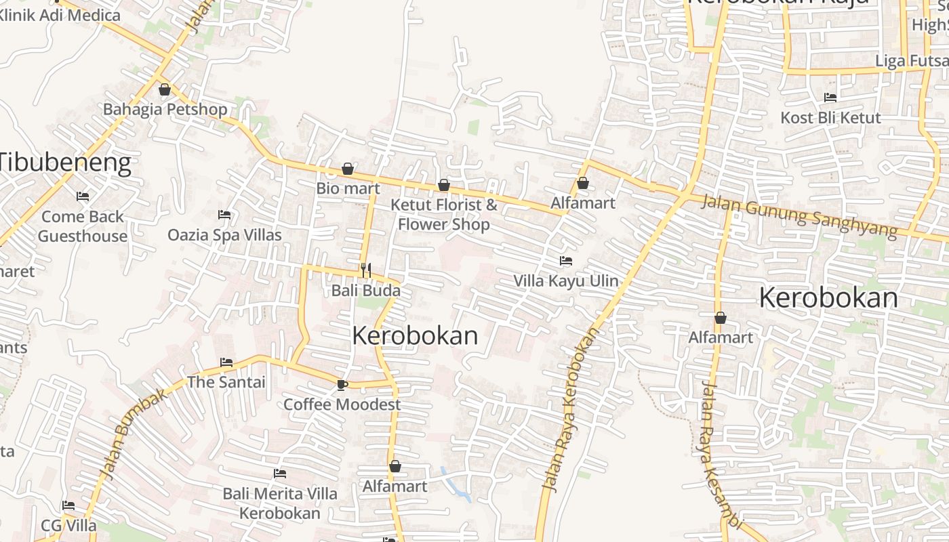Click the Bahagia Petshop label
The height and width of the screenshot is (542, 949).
point(165,109)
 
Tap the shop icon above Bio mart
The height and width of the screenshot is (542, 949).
point(348,169)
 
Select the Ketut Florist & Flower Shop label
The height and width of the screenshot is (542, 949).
point(444,214)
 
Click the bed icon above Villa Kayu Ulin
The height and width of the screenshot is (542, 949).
point(565,261)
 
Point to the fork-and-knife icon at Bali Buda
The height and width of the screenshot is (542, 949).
point(366,270)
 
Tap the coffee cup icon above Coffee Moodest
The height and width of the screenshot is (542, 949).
point(342,385)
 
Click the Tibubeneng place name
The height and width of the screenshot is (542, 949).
point(64,163)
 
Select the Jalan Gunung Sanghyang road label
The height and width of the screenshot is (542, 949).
point(799,216)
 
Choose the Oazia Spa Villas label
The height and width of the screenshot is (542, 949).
point(224,235)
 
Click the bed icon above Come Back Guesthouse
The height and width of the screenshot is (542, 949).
point(83,196)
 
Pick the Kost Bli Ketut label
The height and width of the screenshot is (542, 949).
point(830,117)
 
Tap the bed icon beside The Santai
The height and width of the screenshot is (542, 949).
point(226,362)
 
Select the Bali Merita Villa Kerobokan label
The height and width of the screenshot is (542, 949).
point(280,503)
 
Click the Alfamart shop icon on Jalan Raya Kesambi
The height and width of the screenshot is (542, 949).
point(721,318)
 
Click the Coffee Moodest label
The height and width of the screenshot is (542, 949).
point(342,404)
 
